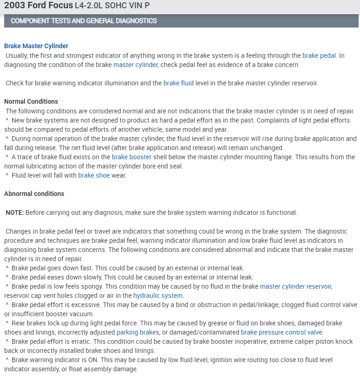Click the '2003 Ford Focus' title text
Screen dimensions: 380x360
[38, 6]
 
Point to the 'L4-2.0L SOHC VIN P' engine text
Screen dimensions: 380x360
[112, 6]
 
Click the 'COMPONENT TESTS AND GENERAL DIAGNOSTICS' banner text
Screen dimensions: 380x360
[84, 21]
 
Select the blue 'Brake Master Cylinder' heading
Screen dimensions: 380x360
[36, 46]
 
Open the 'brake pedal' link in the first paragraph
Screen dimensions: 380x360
[319, 56]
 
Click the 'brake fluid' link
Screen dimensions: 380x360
[179, 83]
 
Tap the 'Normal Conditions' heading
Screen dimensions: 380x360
[31, 101]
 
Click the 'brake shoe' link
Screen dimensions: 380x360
[94, 175]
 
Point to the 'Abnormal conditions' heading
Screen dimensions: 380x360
[34, 194]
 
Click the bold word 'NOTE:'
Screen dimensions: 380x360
[15, 212]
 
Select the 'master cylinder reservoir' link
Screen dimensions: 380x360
[295, 286]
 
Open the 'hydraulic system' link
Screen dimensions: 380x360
[158, 296]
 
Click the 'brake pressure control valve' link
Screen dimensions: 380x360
[281, 332]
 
